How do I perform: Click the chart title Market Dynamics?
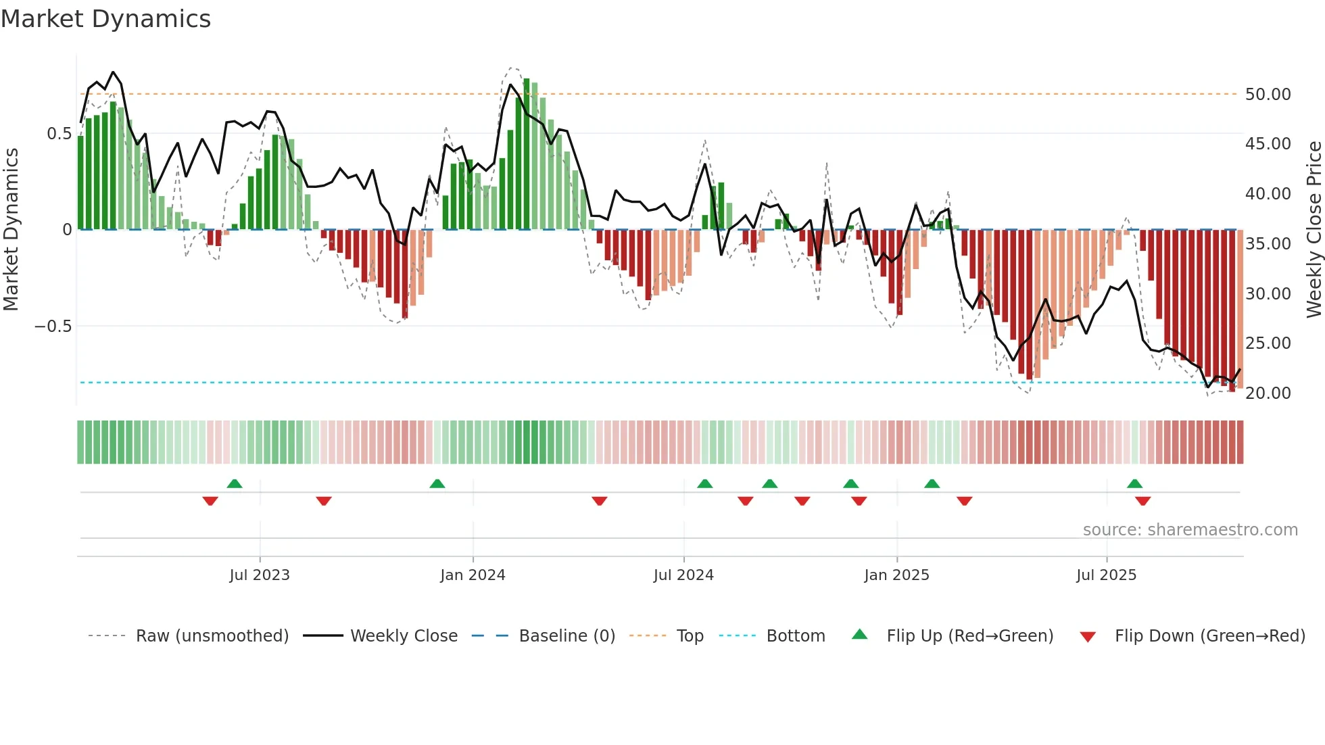105,19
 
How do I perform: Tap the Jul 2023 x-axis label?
260,575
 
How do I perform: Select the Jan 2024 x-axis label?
473,575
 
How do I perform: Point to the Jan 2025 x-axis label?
896,575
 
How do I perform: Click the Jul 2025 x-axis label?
1106,575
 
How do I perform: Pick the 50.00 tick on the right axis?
1268,95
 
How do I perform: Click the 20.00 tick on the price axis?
1268,393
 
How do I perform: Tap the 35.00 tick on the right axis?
1268,244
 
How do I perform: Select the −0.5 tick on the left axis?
53,327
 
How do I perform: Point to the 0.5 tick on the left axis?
59,134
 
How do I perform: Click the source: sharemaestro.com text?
1190,530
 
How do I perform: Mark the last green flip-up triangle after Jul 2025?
1134,484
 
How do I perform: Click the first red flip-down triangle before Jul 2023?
210,501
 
